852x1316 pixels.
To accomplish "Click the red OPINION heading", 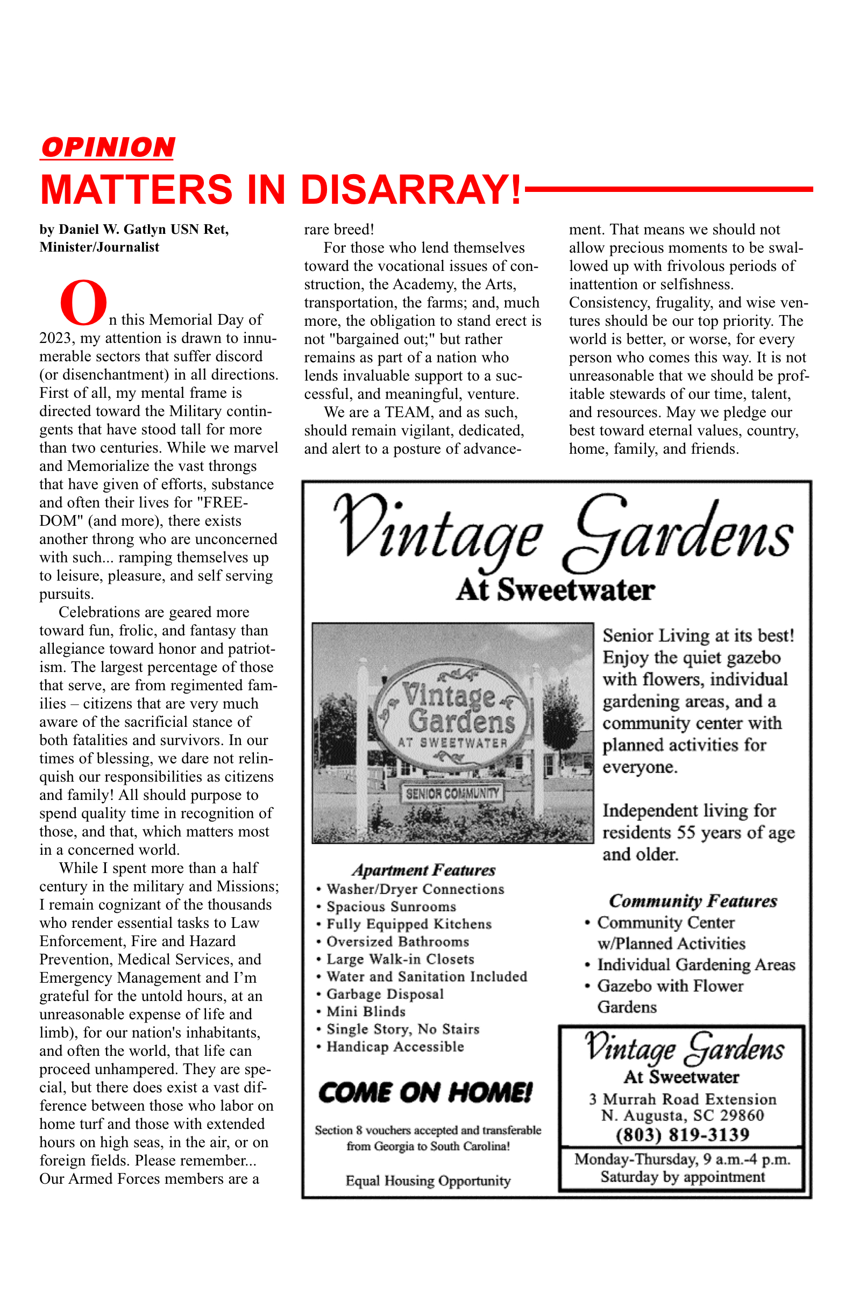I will click(x=108, y=148).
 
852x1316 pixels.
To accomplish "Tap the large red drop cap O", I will click(x=83, y=303).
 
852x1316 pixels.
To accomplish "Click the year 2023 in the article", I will click(x=55, y=338).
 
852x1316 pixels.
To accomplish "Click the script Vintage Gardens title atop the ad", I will click(x=563, y=534).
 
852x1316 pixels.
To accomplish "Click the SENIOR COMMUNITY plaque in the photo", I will click(x=452, y=794).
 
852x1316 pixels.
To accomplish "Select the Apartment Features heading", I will click(x=424, y=870).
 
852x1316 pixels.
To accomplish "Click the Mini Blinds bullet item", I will click(x=366, y=1011).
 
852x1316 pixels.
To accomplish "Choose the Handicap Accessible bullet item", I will click(x=395, y=1047).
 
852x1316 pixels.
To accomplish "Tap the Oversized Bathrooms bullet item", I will click(x=398, y=942).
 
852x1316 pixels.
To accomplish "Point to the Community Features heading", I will click(x=693, y=902).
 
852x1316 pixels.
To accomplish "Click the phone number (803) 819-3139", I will click(x=683, y=1135).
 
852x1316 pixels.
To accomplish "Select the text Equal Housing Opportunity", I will click(x=428, y=1181).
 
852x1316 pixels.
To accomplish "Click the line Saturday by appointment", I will click(x=683, y=1177).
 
